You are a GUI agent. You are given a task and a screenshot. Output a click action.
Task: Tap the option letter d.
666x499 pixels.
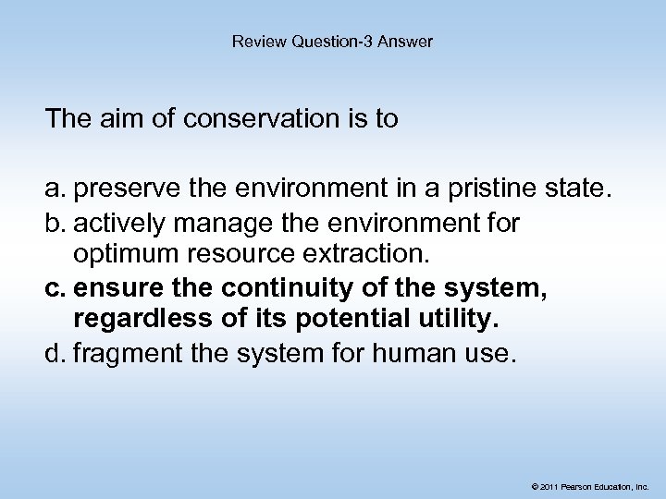coord(54,348)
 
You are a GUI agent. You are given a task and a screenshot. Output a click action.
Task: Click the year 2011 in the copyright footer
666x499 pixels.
coord(549,484)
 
